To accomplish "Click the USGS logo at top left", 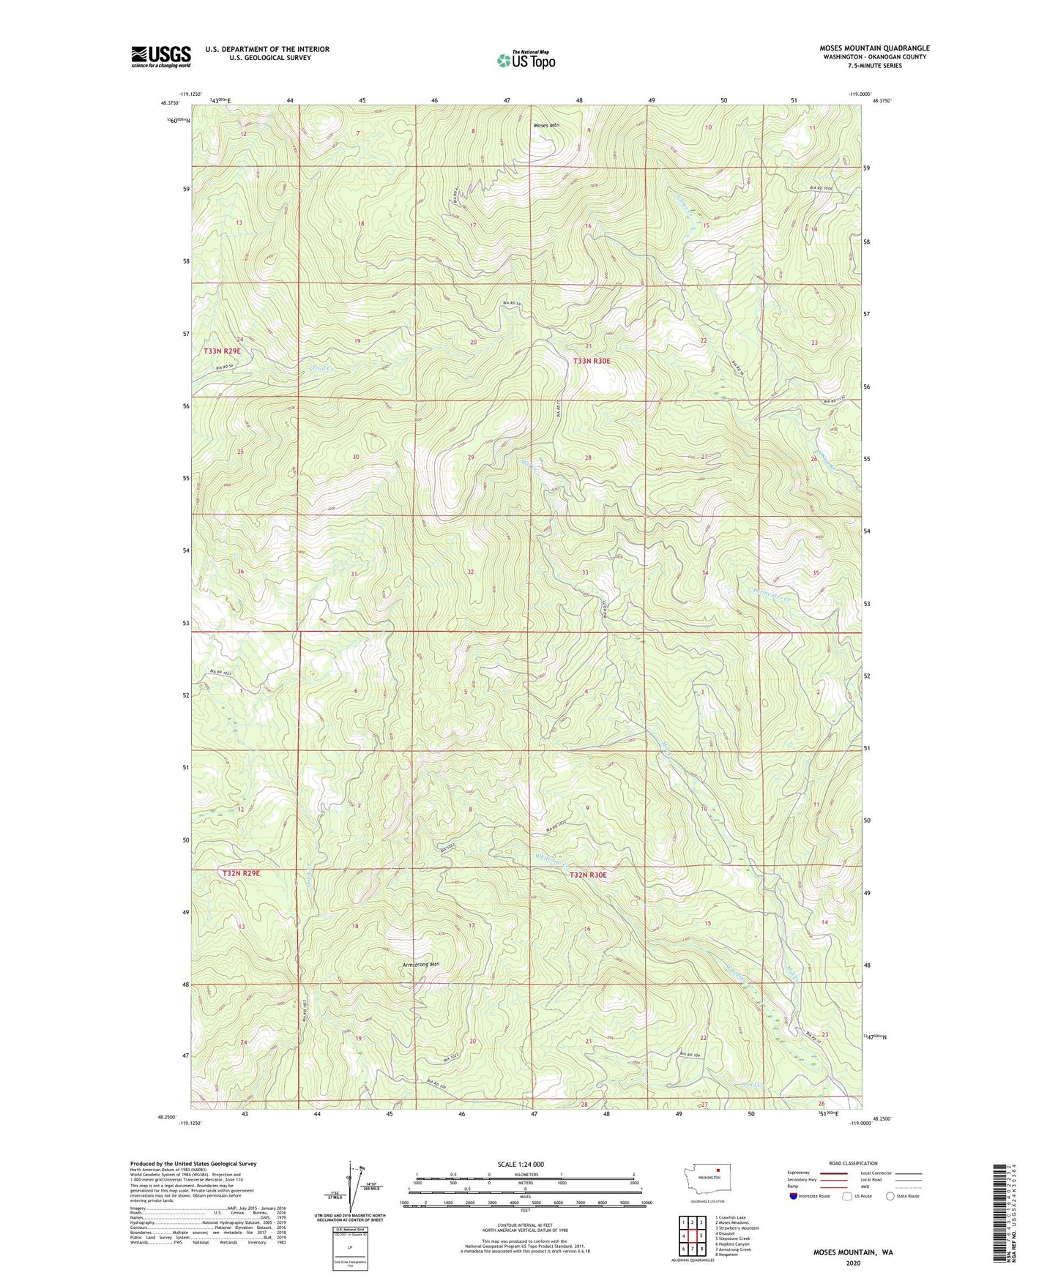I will (x=160, y=56).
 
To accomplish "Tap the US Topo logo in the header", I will (x=526, y=61).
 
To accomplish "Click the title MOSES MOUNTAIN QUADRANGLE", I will (x=874, y=48).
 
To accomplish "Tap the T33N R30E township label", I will (x=591, y=361).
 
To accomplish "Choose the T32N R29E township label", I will (x=241, y=873).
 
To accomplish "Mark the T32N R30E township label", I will (x=589, y=875).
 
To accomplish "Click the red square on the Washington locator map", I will (x=718, y=1170).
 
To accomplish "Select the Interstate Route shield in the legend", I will (x=794, y=1196).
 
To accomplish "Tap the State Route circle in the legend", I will (x=890, y=1196).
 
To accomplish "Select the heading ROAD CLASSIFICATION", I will (x=853, y=1163).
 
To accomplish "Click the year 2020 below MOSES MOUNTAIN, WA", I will (x=853, y=1263).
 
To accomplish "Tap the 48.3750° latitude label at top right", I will (x=884, y=103).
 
